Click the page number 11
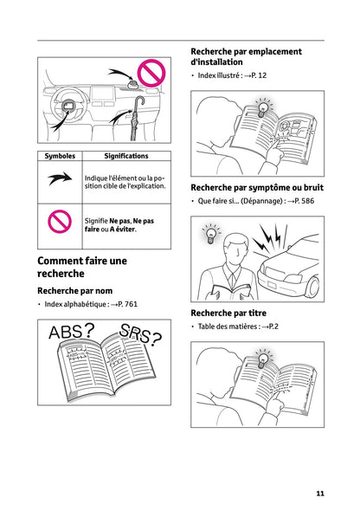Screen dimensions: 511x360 [x=319, y=493]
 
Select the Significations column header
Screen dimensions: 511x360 [x=125, y=156]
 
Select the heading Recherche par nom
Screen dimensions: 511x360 [x=74, y=290]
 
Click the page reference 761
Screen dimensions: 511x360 [x=130, y=305]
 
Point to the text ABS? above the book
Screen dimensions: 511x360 [x=72, y=332]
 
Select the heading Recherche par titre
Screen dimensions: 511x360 [x=228, y=312]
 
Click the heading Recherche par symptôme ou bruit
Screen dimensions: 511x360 [x=257, y=186]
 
